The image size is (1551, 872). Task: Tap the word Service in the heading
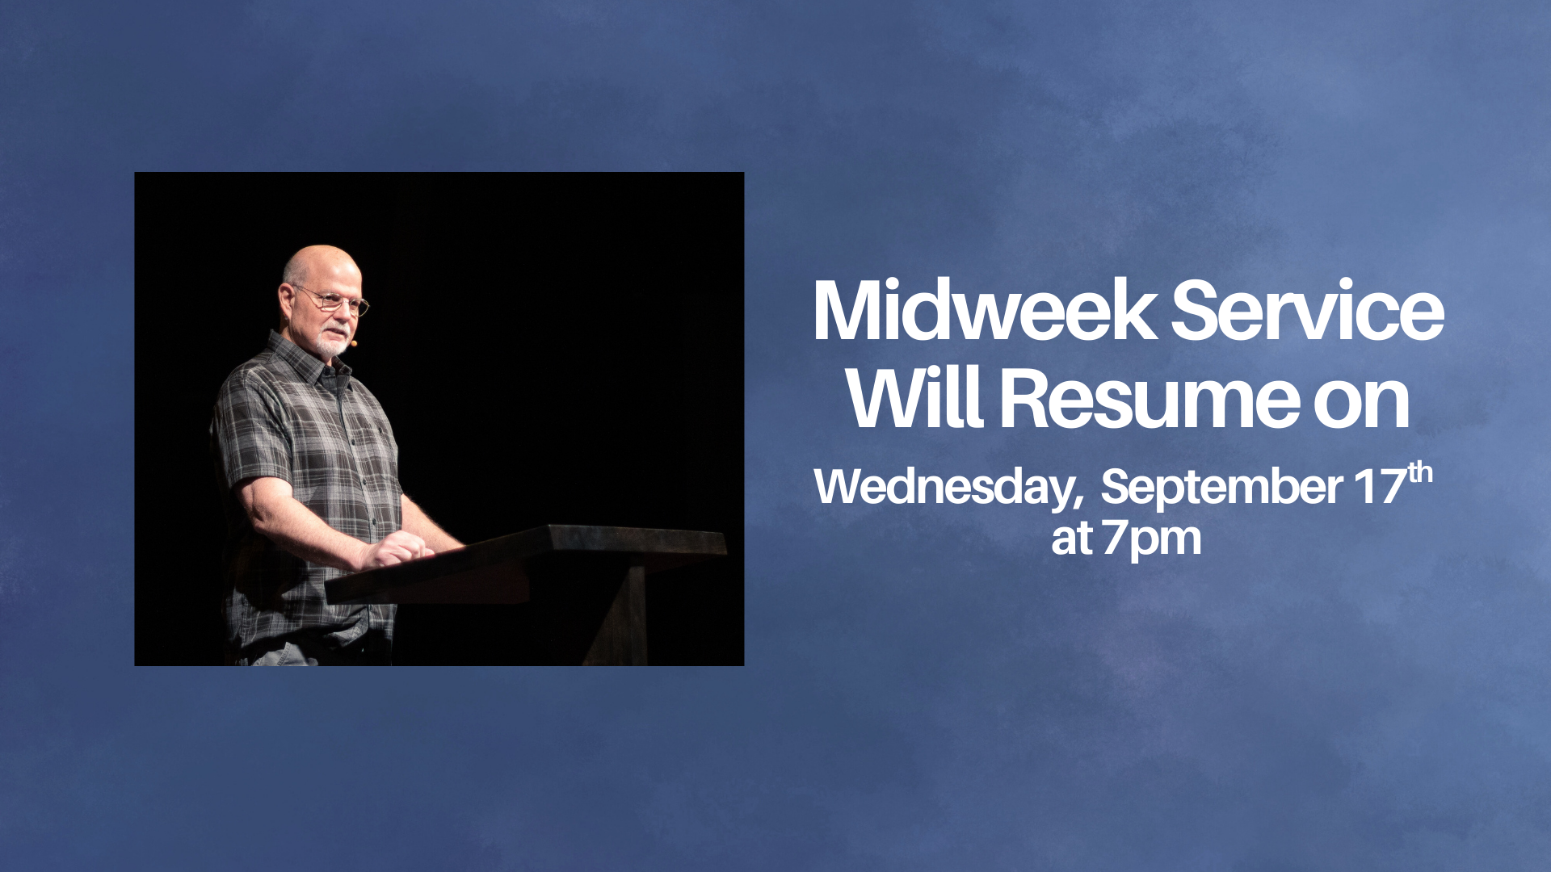1307,311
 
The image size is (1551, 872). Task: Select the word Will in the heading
914,398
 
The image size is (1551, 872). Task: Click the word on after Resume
1361,404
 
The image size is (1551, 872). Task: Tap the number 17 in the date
1381,486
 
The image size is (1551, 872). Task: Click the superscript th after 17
1420,473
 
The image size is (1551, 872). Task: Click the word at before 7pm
1072,539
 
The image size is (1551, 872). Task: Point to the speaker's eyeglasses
333,300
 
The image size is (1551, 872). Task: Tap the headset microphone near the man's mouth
353,343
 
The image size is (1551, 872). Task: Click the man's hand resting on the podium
396,550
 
